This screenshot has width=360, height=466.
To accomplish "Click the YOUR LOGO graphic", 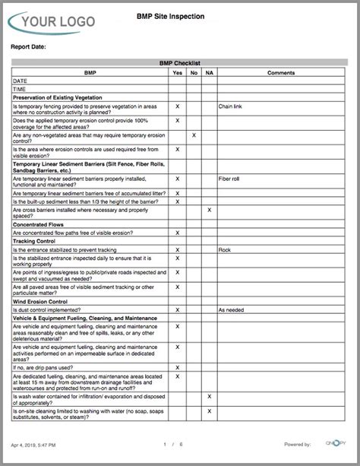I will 53,22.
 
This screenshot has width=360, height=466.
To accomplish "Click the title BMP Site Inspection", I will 179,15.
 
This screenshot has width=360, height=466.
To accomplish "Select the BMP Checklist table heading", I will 179,64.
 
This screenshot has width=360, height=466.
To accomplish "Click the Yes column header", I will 177,72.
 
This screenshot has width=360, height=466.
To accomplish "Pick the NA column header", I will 209,72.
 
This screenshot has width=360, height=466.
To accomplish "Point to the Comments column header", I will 281,72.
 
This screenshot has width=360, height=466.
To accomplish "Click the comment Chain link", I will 231,106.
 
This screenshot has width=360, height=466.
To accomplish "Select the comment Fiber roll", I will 229,179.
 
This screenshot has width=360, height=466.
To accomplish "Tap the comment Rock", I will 224,249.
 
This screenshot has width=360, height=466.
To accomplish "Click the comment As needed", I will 232,310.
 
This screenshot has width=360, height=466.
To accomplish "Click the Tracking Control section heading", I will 38,241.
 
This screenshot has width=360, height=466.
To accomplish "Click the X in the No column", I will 194,135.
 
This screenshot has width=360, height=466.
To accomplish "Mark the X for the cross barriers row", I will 209,210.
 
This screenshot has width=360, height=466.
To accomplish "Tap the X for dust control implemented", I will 177,310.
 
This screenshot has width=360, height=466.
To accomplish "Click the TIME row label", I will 19,89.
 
